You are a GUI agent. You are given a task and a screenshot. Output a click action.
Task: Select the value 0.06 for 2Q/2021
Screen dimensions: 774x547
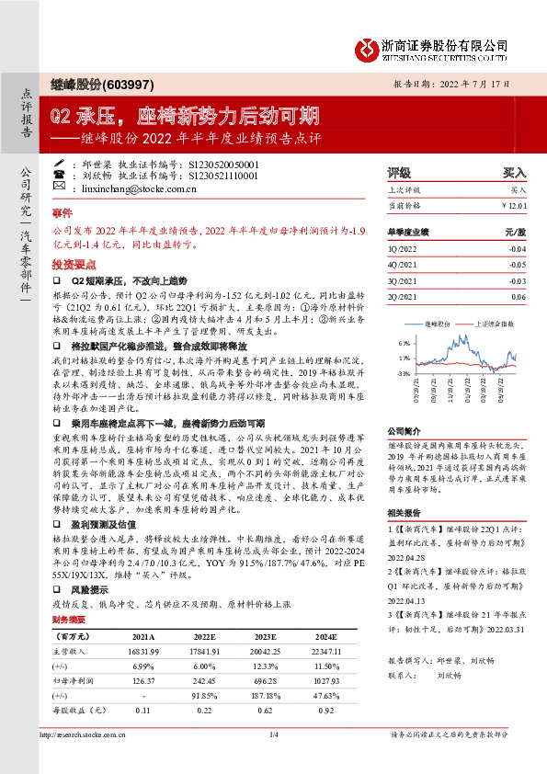(519, 297)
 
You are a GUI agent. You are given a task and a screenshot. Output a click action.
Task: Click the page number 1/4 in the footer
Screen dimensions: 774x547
(273, 760)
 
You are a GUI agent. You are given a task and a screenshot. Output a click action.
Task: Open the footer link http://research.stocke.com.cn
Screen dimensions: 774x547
(92, 760)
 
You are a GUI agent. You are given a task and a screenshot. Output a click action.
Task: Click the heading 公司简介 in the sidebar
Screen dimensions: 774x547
(403, 429)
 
